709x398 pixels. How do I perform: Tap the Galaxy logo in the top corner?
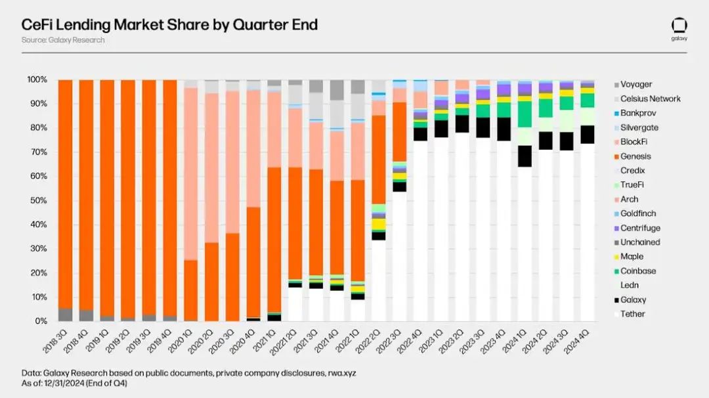pyautogui.click(x=679, y=28)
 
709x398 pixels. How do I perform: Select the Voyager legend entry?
pyautogui.click(x=635, y=85)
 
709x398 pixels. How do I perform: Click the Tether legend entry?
pyautogui.click(x=632, y=314)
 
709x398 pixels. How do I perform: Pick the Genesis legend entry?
pyautogui.click(x=635, y=156)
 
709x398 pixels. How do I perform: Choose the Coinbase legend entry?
pyautogui.click(x=637, y=271)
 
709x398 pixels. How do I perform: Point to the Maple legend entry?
pyautogui.click(x=632, y=257)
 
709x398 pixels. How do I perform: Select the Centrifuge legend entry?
pyautogui.click(x=639, y=228)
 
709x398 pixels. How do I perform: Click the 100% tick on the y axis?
pyautogui.click(x=37, y=79)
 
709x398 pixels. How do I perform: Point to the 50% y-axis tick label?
pyautogui.click(x=39, y=200)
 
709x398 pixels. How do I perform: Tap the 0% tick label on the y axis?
pyautogui.click(x=41, y=321)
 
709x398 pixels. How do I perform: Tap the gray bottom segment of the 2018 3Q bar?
pyautogui.click(x=65, y=315)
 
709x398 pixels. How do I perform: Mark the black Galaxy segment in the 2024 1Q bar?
pyautogui.click(x=525, y=156)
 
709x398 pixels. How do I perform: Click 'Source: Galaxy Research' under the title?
pyautogui.click(x=63, y=40)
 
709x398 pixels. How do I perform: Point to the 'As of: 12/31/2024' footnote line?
pyautogui.click(x=74, y=383)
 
